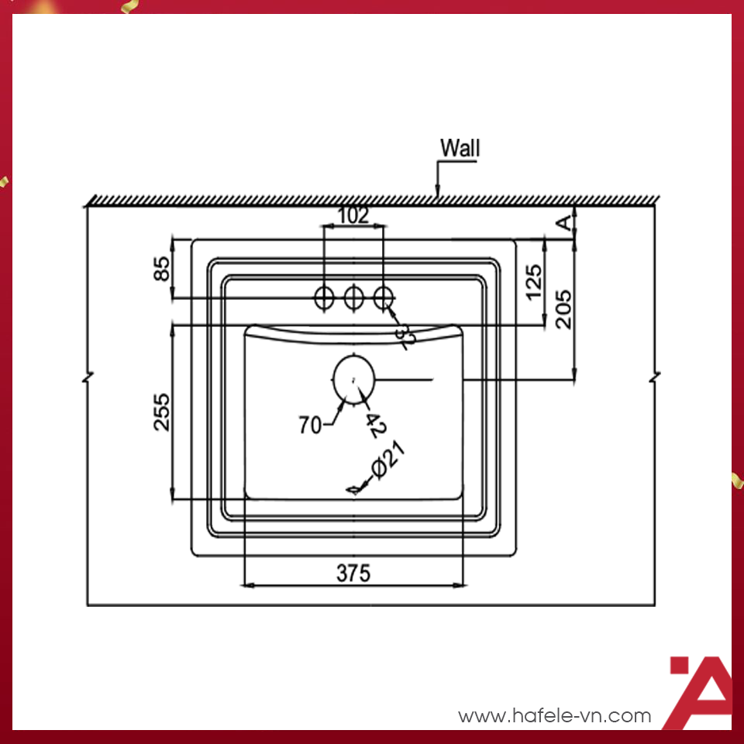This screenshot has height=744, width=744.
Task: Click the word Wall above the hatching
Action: coord(460,148)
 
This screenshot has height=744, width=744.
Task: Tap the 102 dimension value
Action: coord(354,216)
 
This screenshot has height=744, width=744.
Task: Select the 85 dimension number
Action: coord(161,269)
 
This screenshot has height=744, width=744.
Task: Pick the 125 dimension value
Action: coord(534,283)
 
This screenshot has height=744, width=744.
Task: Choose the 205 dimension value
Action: coord(565,308)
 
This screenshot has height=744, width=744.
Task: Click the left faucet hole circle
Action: coord(324,296)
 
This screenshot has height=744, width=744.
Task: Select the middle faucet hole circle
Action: coord(354,296)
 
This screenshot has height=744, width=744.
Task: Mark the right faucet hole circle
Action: coord(384,296)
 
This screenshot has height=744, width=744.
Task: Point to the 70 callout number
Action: coord(310,425)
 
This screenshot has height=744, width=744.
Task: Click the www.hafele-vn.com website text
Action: coord(554,715)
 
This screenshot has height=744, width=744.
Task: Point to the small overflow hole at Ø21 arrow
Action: coord(355,490)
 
